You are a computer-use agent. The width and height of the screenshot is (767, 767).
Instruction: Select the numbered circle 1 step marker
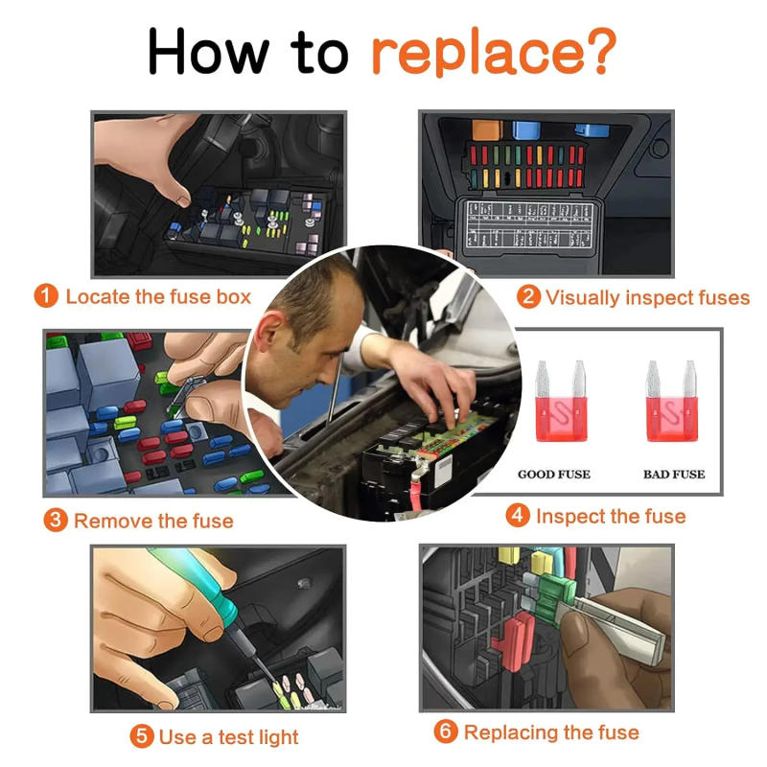point(46,296)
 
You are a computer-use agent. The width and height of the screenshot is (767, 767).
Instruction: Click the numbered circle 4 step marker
point(518,516)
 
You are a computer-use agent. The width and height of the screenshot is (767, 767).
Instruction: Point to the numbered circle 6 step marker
point(446,732)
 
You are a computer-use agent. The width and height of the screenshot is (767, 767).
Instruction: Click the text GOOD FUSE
point(554,474)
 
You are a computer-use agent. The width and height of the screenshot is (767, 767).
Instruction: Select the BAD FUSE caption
point(674,474)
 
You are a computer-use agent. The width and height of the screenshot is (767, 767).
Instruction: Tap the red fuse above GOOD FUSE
point(561,401)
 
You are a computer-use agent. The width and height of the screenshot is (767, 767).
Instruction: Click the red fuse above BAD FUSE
point(672,401)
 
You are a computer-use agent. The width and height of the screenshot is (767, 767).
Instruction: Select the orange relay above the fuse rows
point(487,130)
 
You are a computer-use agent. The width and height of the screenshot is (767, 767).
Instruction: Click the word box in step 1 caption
point(233,296)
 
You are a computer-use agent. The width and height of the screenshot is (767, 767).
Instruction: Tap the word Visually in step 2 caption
point(583,298)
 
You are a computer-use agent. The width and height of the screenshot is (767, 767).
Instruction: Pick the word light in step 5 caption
point(278,737)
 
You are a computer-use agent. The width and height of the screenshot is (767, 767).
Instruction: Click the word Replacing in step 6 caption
point(511,733)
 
